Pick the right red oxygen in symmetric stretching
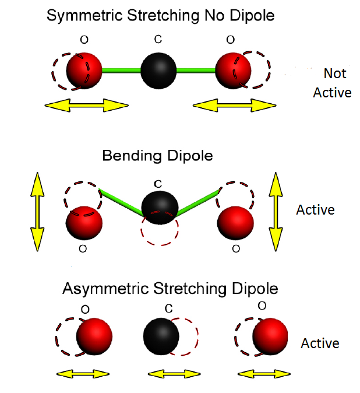click(x=232, y=71)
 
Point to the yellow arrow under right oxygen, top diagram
click(x=234, y=106)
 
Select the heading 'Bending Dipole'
click(x=157, y=156)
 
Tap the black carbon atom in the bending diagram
click(x=160, y=207)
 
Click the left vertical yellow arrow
click(x=37, y=210)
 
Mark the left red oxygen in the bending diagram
click(x=84, y=223)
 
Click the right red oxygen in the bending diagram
click(x=235, y=223)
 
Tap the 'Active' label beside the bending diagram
click(x=316, y=209)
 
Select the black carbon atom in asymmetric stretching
click(x=161, y=337)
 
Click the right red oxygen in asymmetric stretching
click(x=270, y=337)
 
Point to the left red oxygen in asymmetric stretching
click(x=94, y=337)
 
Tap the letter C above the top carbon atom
click(x=157, y=39)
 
